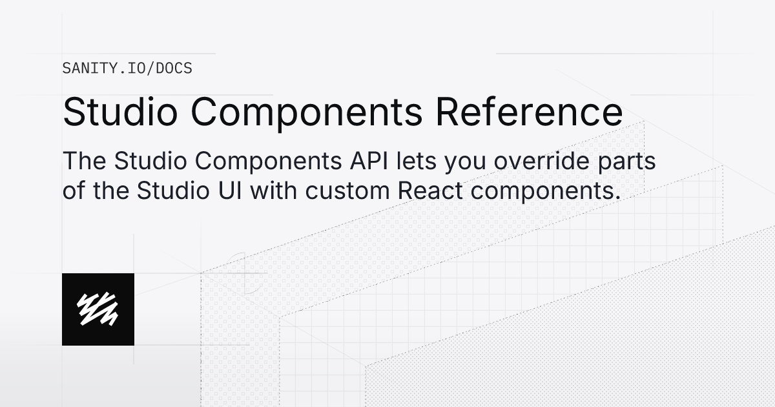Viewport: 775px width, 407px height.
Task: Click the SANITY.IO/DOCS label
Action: point(127,68)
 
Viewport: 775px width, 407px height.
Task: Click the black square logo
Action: point(98,309)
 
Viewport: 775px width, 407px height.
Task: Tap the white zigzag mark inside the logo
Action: point(98,309)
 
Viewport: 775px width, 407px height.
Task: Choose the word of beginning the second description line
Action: point(73,191)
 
